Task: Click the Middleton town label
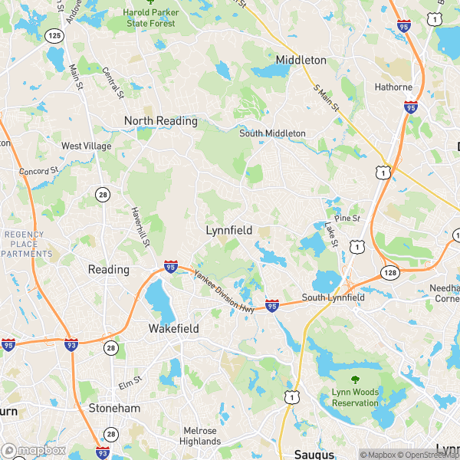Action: (x=301, y=60)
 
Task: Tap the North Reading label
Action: (x=161, y=121)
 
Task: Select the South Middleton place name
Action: (x=272, y=133)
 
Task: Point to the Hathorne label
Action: (x=393, y=87)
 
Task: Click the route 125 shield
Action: (x=54, y=35)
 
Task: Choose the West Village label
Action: (x=87, y=146)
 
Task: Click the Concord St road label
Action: (x=39, y=170)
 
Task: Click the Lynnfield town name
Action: (x=229, y=230)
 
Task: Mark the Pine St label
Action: (x=347, y=219)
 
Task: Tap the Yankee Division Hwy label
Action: (x=224, y=292)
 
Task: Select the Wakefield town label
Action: (x=173, y=329)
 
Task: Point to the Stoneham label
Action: (x=114, y=409)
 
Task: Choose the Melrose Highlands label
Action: (x=200, y=435)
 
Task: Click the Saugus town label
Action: (x=314, y=454)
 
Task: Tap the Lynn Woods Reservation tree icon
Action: (x=355, y=379)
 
